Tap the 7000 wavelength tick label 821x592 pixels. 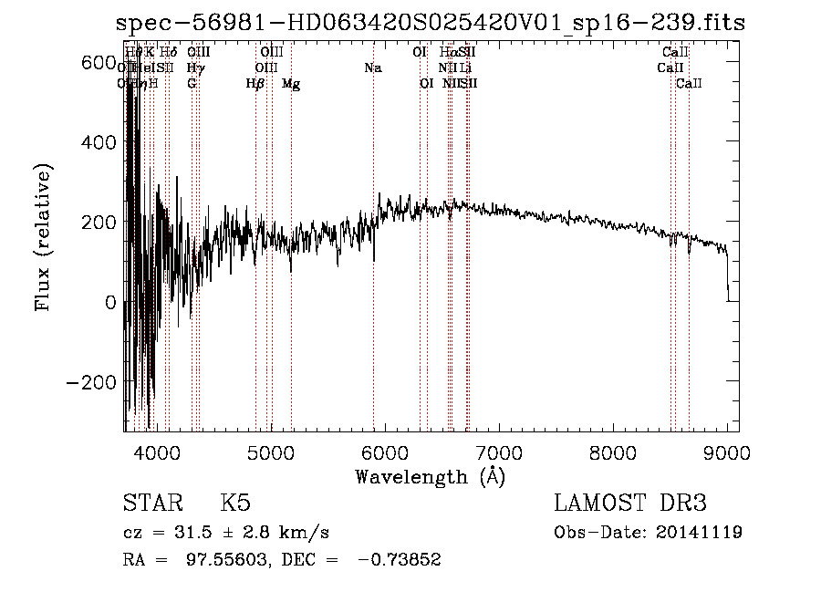(x=499, y=452)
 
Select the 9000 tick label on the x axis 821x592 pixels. (x=728, y=452)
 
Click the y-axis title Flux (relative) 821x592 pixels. (x=43, y=239)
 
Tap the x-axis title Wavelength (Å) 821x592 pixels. (x=430, y=476)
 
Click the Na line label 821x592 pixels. (x=372, y=68)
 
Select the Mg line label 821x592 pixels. (x=291, y=84)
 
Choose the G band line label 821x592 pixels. (x=192, y=84)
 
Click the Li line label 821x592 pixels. (x=465, y=68)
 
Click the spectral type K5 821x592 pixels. (x=235, y=504)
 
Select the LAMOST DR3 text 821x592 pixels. (x=630, y=504)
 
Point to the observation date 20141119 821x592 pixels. (x=700, y=533)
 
